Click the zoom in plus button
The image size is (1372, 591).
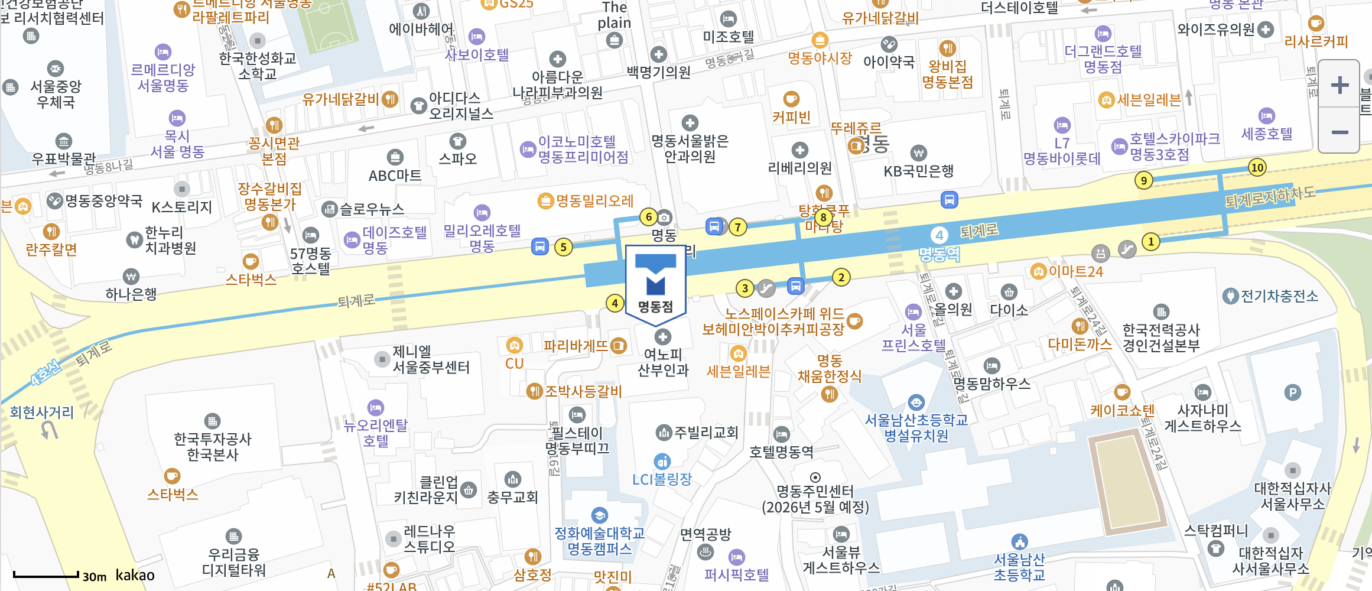pyautogui.click(x=1340, y=85)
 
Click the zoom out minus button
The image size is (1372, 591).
pyautogui.click(x=1340, y=132)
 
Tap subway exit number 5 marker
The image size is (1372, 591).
pyautogui.click(x=563, y=247)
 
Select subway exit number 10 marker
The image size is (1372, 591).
pyautogui.click(x=1257, y=167)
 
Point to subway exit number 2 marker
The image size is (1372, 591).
pyautogui.click(x=841, y=277)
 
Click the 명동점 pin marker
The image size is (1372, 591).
pyautogui.click(x=655, y=284)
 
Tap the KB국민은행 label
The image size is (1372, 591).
pyautogui.click(x=918, y=171)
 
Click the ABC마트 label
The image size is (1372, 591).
pyautogui.click(x=395, y=176)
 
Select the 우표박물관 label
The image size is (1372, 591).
pyautogui.click(x=63, y=158)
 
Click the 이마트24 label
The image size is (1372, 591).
pyautogui.click(x=1075, y=272)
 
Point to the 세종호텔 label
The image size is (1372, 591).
pyautogui.click(x=1267, y=134)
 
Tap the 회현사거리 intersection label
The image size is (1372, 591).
pyautogui.click(x=41, y=412)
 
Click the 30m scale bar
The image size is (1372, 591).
pyautogui.click(x=46, y=574)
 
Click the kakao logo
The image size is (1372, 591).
pyautogui.click(x=135, y=575)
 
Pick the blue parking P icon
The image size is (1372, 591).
pyautogui.click(x=1292, y=392)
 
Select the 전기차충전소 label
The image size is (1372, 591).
pyautogui.click(x=1279, y=295)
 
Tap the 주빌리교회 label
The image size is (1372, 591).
pyautogui.click(x=706, y=433)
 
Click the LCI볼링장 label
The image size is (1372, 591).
pyautogui.click(x=662, y=479)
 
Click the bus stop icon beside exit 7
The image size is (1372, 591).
pyautogui.click(x=714, y=226)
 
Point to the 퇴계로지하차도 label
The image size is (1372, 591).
pyautogui.click(x=1270, y=197)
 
